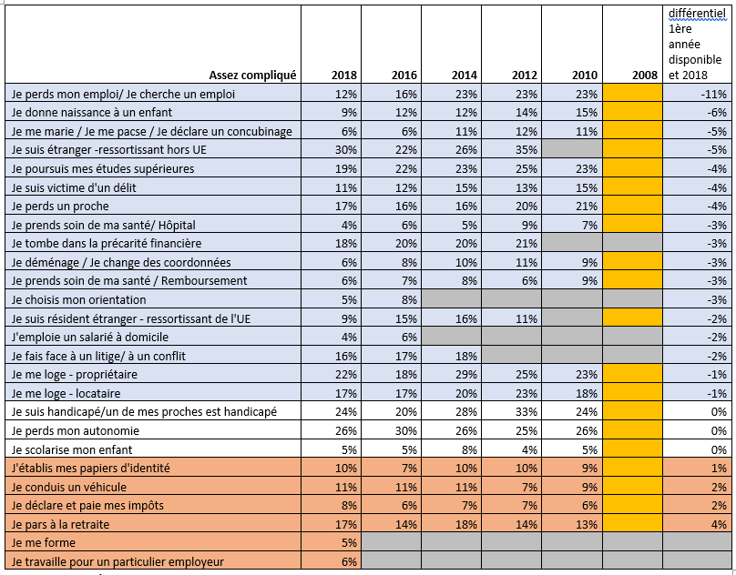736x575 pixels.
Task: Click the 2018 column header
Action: coord(343,75)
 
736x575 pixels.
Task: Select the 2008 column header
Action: coord(645,75)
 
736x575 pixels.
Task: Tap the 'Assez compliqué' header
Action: coord(252,75)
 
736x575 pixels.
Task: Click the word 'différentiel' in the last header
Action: coord(697,13)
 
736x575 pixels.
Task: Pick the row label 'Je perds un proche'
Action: coord(60,207)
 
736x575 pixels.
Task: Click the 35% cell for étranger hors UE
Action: coord(526,150)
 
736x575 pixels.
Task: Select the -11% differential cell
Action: coord(714,94)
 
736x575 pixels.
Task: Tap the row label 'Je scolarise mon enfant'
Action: coord(72,449)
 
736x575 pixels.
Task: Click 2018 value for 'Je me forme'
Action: coord(349,543)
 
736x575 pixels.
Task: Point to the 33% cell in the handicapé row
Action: coord(526,412)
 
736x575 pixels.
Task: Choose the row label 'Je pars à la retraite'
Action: coord(60,524)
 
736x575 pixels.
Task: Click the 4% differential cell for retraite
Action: coord(719,524)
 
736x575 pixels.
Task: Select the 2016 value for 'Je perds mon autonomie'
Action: coord(405,430)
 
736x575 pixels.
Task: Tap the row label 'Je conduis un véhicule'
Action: coord(69,488)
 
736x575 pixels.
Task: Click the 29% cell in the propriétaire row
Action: coord(465,375)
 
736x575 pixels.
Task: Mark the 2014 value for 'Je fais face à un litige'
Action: coord(465,356)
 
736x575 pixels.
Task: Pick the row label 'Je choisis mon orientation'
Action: coord(79,299)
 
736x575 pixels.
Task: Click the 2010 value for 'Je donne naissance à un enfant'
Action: coord(586,113)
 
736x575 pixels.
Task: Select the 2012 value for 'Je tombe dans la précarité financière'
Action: coord(526,244)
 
